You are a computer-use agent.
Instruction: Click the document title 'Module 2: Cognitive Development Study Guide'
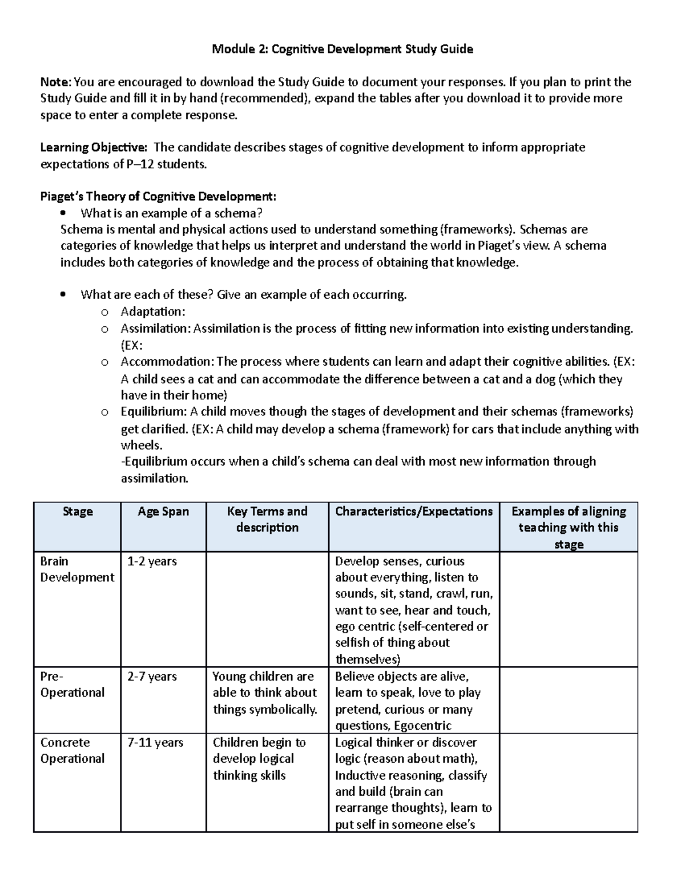coord(342,49)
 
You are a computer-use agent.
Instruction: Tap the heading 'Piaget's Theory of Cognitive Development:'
coord(158,197)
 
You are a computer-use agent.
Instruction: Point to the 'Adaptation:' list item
coord(152,311)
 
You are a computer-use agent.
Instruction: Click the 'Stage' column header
coord(78,511)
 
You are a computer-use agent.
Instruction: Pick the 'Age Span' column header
coord(163,511)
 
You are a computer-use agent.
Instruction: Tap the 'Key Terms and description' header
coord(267,519)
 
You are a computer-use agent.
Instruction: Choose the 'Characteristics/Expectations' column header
coord(414,511)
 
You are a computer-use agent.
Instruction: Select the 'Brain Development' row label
coord(77,569)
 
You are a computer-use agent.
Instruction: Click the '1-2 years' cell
coord(152,561)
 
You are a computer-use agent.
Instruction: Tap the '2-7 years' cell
coord(152,677)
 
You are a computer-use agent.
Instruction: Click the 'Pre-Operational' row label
coord(72,685)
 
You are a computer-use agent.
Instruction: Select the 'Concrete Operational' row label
coord(72,750)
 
